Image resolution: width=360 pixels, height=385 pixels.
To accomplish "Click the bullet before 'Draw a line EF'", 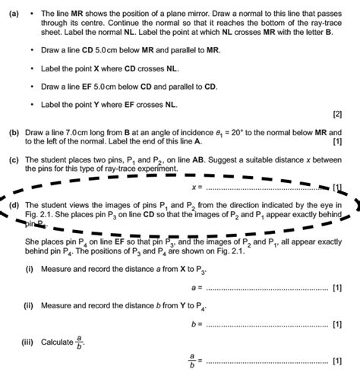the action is pyautogui.click(x=31, y=87).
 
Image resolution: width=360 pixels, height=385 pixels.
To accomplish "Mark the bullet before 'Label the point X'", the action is pyautogui.click(x=31, y=68).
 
